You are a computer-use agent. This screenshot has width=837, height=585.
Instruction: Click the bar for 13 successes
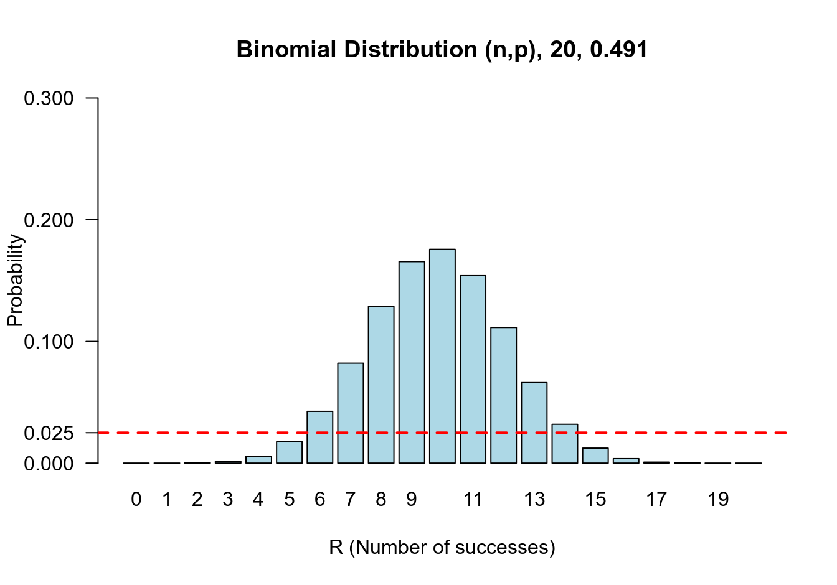534,423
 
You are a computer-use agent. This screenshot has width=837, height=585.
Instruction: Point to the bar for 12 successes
503,395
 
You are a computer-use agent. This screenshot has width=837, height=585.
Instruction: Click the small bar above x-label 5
290,452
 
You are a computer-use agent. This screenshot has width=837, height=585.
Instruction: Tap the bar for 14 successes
565,444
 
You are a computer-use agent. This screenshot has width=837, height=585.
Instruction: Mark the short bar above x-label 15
595,456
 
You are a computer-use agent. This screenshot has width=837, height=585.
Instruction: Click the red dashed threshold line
685,432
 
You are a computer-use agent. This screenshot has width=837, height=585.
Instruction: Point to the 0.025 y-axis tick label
49,433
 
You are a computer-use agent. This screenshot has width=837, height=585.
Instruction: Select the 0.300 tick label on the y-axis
49,98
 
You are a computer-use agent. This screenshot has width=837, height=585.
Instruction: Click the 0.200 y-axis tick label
49,220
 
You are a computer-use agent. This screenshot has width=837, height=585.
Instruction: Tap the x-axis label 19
718,500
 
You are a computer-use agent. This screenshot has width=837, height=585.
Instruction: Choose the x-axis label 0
136,500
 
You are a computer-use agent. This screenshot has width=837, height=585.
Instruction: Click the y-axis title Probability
15,280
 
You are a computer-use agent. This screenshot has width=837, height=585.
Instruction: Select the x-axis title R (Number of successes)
442,548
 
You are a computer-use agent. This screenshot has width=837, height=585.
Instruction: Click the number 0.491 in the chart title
618,50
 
